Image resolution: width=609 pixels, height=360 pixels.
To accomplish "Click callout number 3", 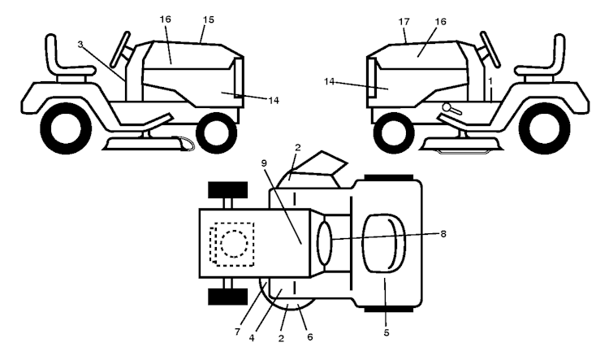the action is [x=80, y=45].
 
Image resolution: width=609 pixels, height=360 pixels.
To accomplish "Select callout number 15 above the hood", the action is [x=209, y=20].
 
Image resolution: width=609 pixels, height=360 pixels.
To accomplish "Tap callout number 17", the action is [x=404, y=21].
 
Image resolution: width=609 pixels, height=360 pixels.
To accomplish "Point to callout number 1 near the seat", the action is [x=490, y=81].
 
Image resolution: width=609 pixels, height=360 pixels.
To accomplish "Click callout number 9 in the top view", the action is [x=264, y=163].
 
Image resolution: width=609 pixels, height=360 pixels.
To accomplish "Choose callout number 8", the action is [x=443, y=234].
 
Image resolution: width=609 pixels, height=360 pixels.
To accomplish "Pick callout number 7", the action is [x=237, y=332].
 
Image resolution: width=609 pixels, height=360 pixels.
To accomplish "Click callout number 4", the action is [x=252, y=338].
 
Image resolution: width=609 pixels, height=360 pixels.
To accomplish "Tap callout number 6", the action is [x=309, y=337].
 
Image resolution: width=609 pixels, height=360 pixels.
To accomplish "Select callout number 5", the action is [x=386, y=333].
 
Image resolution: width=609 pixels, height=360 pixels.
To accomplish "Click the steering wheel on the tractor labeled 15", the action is [x=120, y=50].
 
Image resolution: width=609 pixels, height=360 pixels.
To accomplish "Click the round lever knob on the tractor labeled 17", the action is [x=447, y=106].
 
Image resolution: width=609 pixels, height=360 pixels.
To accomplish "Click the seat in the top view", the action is [x=383, y=243].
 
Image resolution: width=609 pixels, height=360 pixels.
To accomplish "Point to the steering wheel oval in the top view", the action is [x=325, y=243].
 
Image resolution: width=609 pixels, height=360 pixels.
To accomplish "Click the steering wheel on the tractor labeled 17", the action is [x=490, y=50].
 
